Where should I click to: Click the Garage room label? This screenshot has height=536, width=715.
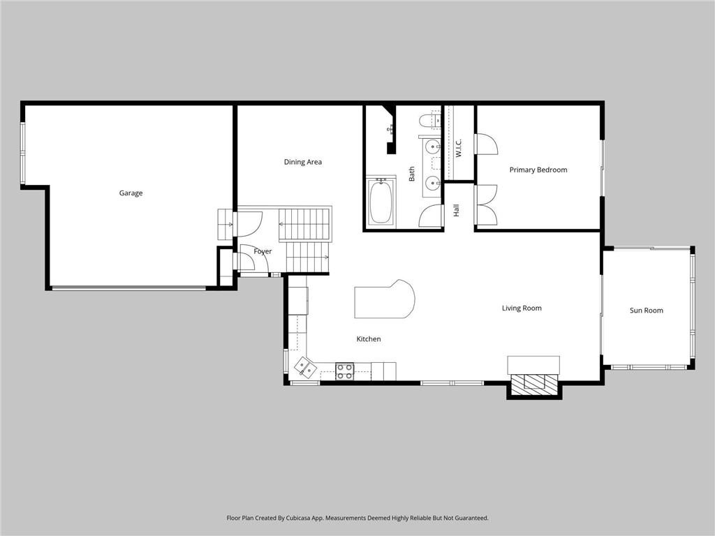131,193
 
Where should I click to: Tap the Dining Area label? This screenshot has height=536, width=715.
302,162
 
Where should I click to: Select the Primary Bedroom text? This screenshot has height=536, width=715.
538,170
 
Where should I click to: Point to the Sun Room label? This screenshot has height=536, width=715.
646,311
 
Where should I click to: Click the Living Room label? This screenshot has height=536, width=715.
522,308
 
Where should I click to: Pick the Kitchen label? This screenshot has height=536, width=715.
369,339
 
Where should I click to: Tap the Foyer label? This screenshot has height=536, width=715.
263,251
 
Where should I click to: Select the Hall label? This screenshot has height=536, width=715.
457,210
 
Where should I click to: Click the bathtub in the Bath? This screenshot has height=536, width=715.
381,202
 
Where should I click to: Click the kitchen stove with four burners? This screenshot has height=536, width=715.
344,371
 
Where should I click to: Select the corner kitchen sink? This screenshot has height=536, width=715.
304,366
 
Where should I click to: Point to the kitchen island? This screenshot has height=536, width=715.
383,300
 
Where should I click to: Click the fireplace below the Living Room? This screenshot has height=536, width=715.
533,383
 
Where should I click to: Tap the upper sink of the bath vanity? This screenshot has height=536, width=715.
433,147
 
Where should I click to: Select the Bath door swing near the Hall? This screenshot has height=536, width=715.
430,217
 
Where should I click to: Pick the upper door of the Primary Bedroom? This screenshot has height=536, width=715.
486,144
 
